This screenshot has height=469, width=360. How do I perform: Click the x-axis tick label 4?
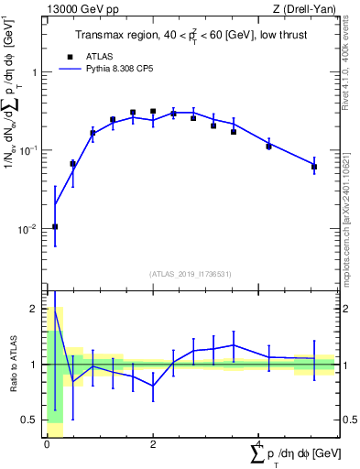click(x=259, y=444)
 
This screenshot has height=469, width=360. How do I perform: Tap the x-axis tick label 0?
click(x=47, y=444)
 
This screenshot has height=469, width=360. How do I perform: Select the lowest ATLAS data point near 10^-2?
click(x=55, y=226)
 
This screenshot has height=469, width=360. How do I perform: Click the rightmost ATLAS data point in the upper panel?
click(x=313, y=166)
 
